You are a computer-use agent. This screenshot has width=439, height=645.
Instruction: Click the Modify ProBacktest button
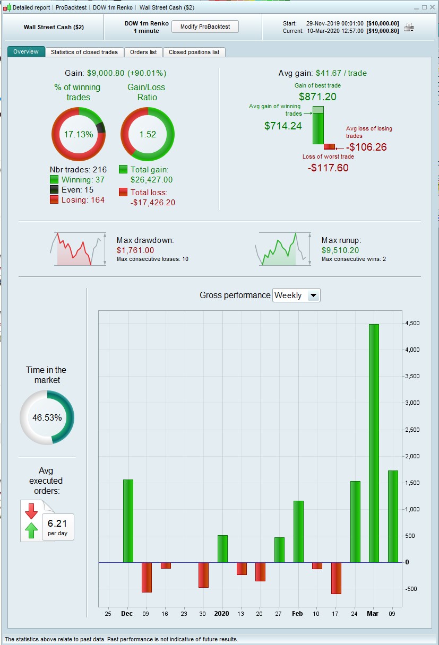pyautogui.click(x=205, y=27)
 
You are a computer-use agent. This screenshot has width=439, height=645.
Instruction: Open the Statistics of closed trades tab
pyautogui.click(x=84, y=52)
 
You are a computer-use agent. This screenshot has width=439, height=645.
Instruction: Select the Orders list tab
pyautogui.click(x=143, y=52)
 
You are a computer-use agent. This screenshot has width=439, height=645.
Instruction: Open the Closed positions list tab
pyautogui.click(x=194, y=52)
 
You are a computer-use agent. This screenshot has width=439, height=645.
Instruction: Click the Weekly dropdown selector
pyautogui.click(x=296, y=295)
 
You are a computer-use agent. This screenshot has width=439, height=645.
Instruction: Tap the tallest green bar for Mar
pyautogui.click(x=374, y=443)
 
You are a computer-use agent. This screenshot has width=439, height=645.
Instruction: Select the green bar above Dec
pyautogui.click(x=128, y=521)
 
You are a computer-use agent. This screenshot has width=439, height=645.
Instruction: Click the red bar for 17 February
pyautogui.click(x=336, y=578)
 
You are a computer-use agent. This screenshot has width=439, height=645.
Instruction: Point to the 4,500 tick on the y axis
pyautogui.click(x=412, y=324)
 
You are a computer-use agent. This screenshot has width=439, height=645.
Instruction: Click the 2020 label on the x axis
pyautogui.click(x=221, y=614)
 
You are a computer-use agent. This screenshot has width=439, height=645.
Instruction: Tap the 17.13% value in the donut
pyautogui.click(x=79, y=134)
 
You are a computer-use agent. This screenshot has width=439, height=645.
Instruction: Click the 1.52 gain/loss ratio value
pyautogui.click(x=148, y=134)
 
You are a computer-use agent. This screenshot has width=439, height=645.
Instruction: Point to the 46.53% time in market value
pyautogui.click(x=47, y=417)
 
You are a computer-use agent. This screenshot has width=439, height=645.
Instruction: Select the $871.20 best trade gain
pyautogui.click(x=317, y=97)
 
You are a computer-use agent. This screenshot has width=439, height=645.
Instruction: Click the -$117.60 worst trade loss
pyautogui.click(x=328, y=168)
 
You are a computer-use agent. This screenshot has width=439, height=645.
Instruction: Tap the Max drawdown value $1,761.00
pyautogui.click(x=135, y=250)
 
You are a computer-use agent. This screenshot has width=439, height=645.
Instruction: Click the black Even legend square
pyautogui.click(x=54, y=190)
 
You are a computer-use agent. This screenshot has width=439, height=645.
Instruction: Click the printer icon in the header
pyautogui.click(x=409, y=27)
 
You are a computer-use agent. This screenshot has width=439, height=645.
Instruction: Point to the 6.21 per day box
pyautogui.click(x=57, y=527)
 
